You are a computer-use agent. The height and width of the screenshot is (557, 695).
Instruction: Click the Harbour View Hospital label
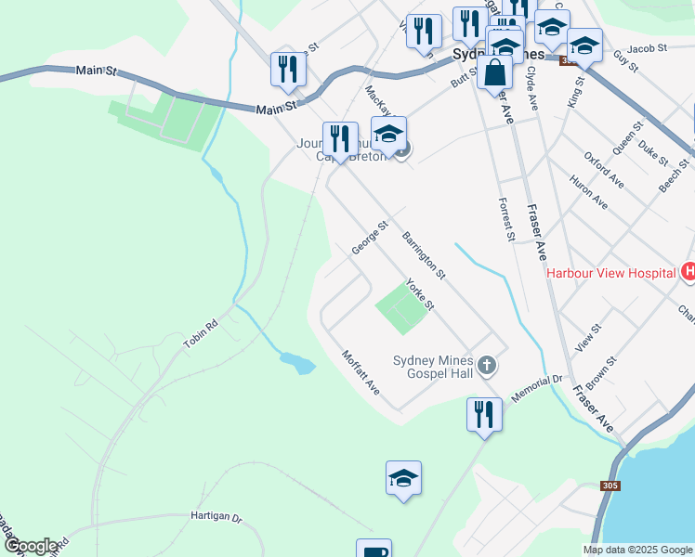tap(610, 273)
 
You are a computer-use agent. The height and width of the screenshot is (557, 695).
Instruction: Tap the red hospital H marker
tap(688, 272)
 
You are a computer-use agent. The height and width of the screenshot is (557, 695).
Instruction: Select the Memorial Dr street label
tap(537, 387)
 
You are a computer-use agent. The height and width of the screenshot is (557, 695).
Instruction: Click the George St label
tap(369, 238)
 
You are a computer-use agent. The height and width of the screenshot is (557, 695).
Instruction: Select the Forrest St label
tap(506, 219)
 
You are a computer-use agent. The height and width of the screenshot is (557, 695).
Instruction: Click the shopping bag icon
tap(496, 72)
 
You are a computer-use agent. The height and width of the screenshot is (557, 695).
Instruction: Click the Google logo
tap(30, 546)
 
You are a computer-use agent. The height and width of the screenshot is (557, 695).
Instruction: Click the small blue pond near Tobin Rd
tap(297, 362)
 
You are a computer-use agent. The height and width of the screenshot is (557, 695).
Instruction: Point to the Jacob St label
tap(647, 47)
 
